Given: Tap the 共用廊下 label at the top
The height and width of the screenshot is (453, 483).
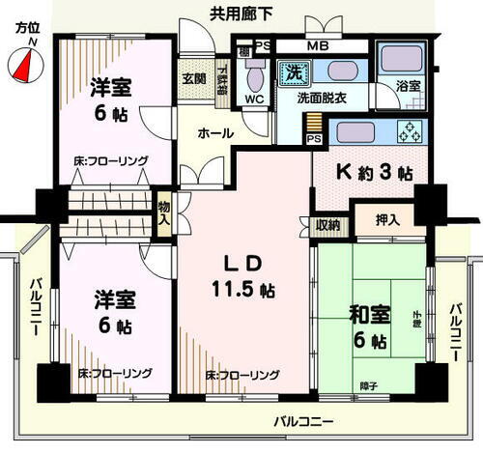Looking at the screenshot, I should (x=241, y=13).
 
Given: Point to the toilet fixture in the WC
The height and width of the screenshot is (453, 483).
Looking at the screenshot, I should (x=256, y=76).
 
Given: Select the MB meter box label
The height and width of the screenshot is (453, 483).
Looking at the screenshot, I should (x=318, y=45).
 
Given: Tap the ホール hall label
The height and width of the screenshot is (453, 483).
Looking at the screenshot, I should (x=213, y=132).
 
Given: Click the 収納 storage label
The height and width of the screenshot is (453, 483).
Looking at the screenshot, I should (x=328, y=225).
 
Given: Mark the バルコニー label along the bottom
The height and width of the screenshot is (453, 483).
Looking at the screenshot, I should (x=302, y=422).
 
